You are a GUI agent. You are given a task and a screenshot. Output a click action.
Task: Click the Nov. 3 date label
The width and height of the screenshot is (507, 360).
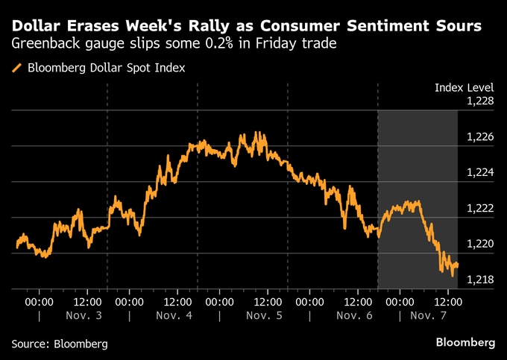coord(84,315)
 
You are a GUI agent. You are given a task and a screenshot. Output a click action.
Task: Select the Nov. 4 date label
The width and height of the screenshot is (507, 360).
coord(174,315)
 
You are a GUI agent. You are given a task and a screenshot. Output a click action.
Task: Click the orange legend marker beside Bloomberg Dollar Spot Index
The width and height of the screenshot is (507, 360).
coord(16,68)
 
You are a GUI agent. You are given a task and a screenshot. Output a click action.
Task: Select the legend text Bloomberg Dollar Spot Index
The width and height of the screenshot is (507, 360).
coord(106,68)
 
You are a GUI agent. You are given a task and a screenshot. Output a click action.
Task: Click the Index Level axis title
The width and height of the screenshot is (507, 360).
coord(465,88)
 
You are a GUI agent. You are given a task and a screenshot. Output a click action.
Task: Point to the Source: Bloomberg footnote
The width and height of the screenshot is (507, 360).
coord(60,344)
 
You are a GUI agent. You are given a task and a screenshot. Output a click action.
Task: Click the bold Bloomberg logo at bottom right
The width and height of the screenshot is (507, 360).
coord(465,342)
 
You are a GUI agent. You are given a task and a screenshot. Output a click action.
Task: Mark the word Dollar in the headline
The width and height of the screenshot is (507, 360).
coord(37,26)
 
